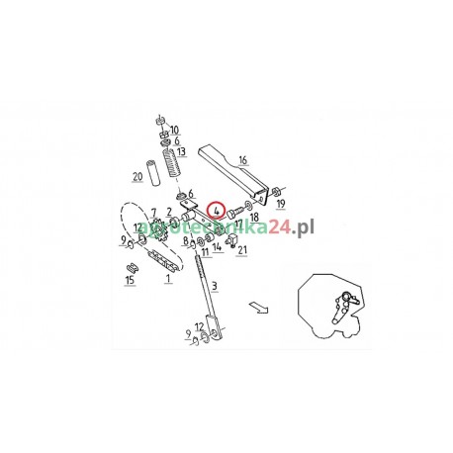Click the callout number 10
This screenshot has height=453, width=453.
click(176, 130)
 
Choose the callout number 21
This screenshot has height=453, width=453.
click(242, 250)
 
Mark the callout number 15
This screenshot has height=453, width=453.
click(129, 281)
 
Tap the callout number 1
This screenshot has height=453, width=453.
click(168, 280)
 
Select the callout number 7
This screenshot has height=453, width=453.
click(153, 212)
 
